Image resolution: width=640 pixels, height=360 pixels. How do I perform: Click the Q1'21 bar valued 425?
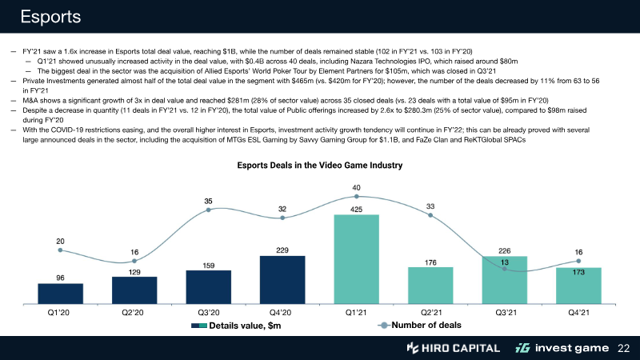[356, 260]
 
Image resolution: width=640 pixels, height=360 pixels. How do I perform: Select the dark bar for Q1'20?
[60, 294]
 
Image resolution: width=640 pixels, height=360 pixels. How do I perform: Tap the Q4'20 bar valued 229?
[282, 280]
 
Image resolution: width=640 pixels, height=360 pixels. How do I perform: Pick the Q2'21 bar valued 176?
[430, 286]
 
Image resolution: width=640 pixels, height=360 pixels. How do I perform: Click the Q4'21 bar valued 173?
[578, 286]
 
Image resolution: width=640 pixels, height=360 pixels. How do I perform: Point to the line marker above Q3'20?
[208, 210]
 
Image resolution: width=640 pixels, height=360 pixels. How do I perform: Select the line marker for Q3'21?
[505, 270]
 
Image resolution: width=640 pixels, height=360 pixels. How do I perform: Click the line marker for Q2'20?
[134, 261]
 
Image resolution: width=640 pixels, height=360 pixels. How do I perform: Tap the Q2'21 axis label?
[430, 314]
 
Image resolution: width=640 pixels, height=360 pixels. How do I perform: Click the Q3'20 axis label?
[208, 314]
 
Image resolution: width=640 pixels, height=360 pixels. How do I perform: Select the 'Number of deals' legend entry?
[419, 325]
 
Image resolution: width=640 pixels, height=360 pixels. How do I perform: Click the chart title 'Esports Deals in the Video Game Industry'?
[319, 166]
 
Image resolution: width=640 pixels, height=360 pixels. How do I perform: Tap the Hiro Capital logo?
[453, 348]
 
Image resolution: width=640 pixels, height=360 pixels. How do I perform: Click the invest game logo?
[560, 348]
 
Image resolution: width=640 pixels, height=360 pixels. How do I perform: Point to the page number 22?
[624, 348]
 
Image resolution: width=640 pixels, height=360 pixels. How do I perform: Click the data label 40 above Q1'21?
[356, 187]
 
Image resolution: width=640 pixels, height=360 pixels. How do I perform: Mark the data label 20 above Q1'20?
[60, 240]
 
